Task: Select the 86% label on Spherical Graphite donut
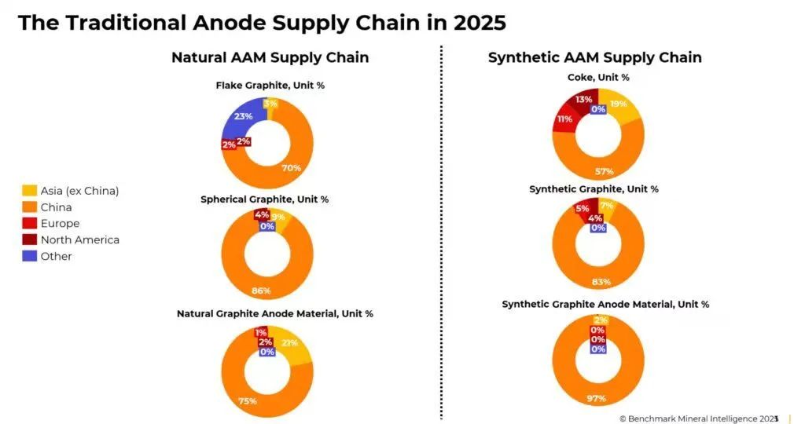[261, 291]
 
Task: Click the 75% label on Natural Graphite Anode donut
[248, 401]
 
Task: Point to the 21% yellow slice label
[289, 343]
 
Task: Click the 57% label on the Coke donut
[605, 171]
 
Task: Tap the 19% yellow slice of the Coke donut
[618, 103]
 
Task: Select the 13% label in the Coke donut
[583, 100]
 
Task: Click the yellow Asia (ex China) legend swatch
[29, 190]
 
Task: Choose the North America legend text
[79, 239]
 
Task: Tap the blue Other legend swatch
[29, 256]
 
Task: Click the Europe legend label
[60, 223]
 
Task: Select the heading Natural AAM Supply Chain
[270, 57]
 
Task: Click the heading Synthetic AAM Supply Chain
[594, 57]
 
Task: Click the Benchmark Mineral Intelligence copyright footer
[698, 419]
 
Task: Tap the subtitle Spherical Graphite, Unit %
[264, 199]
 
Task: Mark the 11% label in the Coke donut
[564, 119]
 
